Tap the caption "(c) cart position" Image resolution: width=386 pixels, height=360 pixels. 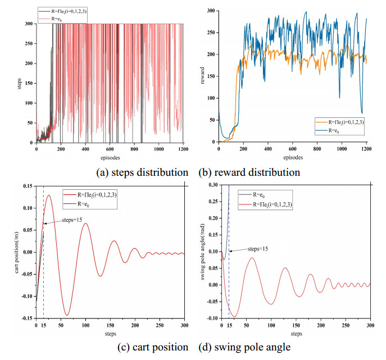tap(152, 347)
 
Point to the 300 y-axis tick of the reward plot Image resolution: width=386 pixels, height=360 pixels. tap(211, 11)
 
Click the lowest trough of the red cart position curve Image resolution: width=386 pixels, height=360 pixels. tap(67, 315)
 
